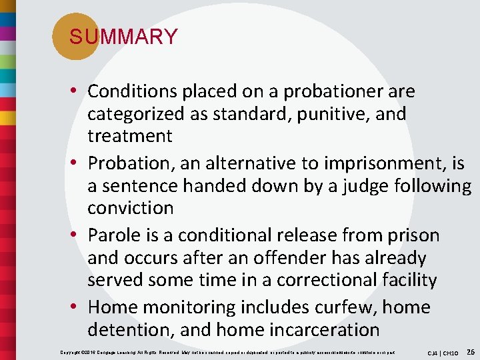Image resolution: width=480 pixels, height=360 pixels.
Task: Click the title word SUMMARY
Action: [x=123, y=37]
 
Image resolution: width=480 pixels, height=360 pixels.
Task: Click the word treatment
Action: [x=130, y=136]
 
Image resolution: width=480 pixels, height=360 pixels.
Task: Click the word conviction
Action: [x=130, y=208]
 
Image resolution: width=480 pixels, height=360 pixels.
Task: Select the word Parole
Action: [x=117, y=235]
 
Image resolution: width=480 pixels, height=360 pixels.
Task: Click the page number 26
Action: [x=470, y=351]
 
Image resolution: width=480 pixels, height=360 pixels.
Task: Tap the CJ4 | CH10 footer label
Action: [x=443, y=352]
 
